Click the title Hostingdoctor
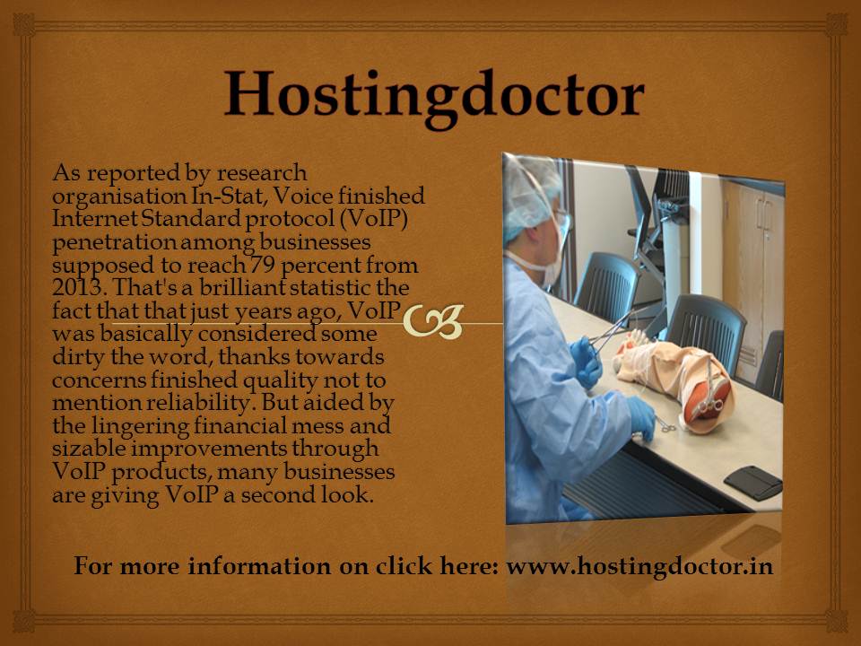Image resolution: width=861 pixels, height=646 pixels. [434, 96]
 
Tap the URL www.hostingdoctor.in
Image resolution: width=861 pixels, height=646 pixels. [639, 566]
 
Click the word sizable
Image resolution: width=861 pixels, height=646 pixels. [89, 449]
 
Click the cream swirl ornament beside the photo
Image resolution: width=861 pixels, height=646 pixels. [434, 321]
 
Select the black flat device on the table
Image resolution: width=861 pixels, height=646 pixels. [752, 483]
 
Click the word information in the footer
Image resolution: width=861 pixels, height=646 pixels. [259, 566]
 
